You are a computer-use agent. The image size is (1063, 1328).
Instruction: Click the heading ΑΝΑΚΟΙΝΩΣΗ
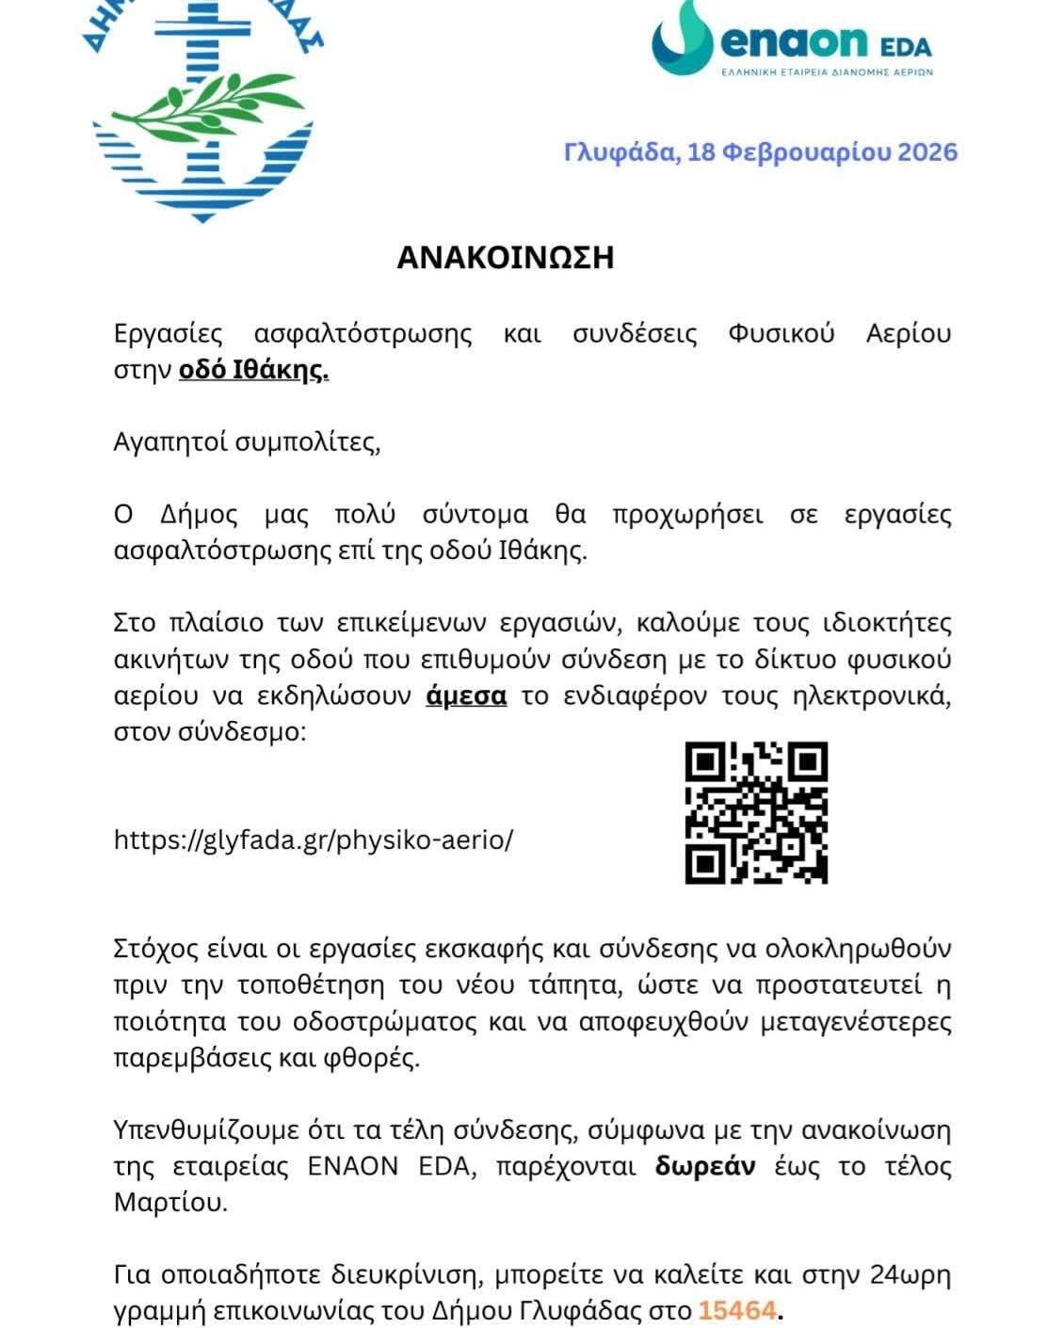coord(505,257)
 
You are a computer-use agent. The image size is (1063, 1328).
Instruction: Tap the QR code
coord(755,812)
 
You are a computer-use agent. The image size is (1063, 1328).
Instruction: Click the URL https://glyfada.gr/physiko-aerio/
coord(314,840)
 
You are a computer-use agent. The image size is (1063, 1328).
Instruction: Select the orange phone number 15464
coord(737,1309)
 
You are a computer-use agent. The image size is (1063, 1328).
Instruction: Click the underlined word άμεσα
coord(466,696)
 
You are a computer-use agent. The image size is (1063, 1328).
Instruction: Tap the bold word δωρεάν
coord(705,1166)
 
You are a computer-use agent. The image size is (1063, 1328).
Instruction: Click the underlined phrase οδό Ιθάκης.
coord(253,370)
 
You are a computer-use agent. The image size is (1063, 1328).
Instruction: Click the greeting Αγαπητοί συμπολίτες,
coord(247,442)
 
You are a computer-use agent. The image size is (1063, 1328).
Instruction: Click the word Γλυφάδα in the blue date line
coord(620,152)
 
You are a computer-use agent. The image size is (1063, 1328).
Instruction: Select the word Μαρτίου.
coord(170,1202)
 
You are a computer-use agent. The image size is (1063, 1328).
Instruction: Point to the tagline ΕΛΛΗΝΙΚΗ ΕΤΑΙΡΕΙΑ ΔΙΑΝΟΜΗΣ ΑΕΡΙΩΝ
coord(826,72)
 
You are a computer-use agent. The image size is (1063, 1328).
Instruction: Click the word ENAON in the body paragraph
coord(353,1166)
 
